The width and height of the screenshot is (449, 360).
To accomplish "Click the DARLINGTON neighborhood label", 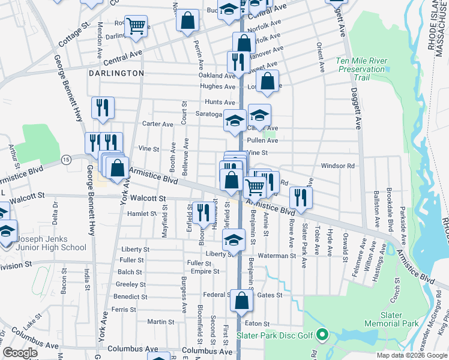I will click(116, 73).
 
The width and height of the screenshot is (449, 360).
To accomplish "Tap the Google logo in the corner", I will click(20, 353).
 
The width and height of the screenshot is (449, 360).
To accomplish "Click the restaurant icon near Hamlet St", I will click(202, 212).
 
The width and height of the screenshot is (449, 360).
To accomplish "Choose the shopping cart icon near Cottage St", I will click(137, 26).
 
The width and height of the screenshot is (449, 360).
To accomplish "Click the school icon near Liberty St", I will click(233, 240).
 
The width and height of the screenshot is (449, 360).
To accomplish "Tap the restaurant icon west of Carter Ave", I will click(103, 108).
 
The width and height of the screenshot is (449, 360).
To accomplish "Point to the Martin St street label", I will click(160, 322).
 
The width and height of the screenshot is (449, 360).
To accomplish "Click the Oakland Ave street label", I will click(217, 76).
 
